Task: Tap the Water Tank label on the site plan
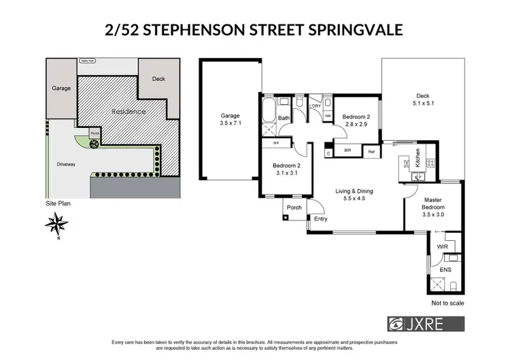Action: point(88,61)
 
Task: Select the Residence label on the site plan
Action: point(128,110)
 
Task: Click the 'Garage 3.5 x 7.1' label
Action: point(230,120)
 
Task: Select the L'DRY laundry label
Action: point(315,106)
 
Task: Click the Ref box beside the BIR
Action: point(371,152)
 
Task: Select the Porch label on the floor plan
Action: point(294,208)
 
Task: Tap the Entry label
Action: point(320,218)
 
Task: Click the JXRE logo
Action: point(426,323)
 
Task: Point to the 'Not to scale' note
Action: point(447,302)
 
